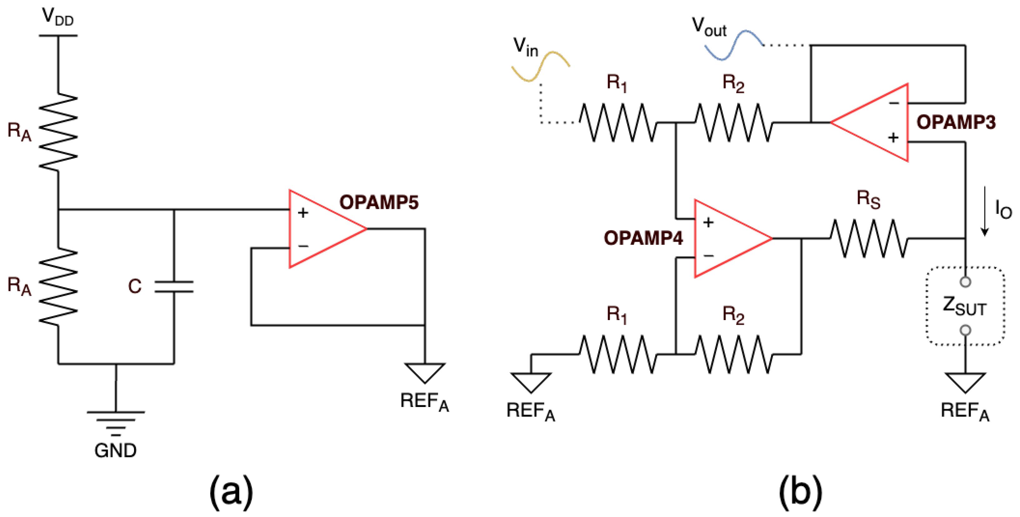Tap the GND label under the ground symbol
115,450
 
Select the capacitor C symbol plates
174,286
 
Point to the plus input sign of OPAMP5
303,213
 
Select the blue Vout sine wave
734,45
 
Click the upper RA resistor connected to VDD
58,132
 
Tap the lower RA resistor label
19,286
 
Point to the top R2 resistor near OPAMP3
733,123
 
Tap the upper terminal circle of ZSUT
965,282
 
